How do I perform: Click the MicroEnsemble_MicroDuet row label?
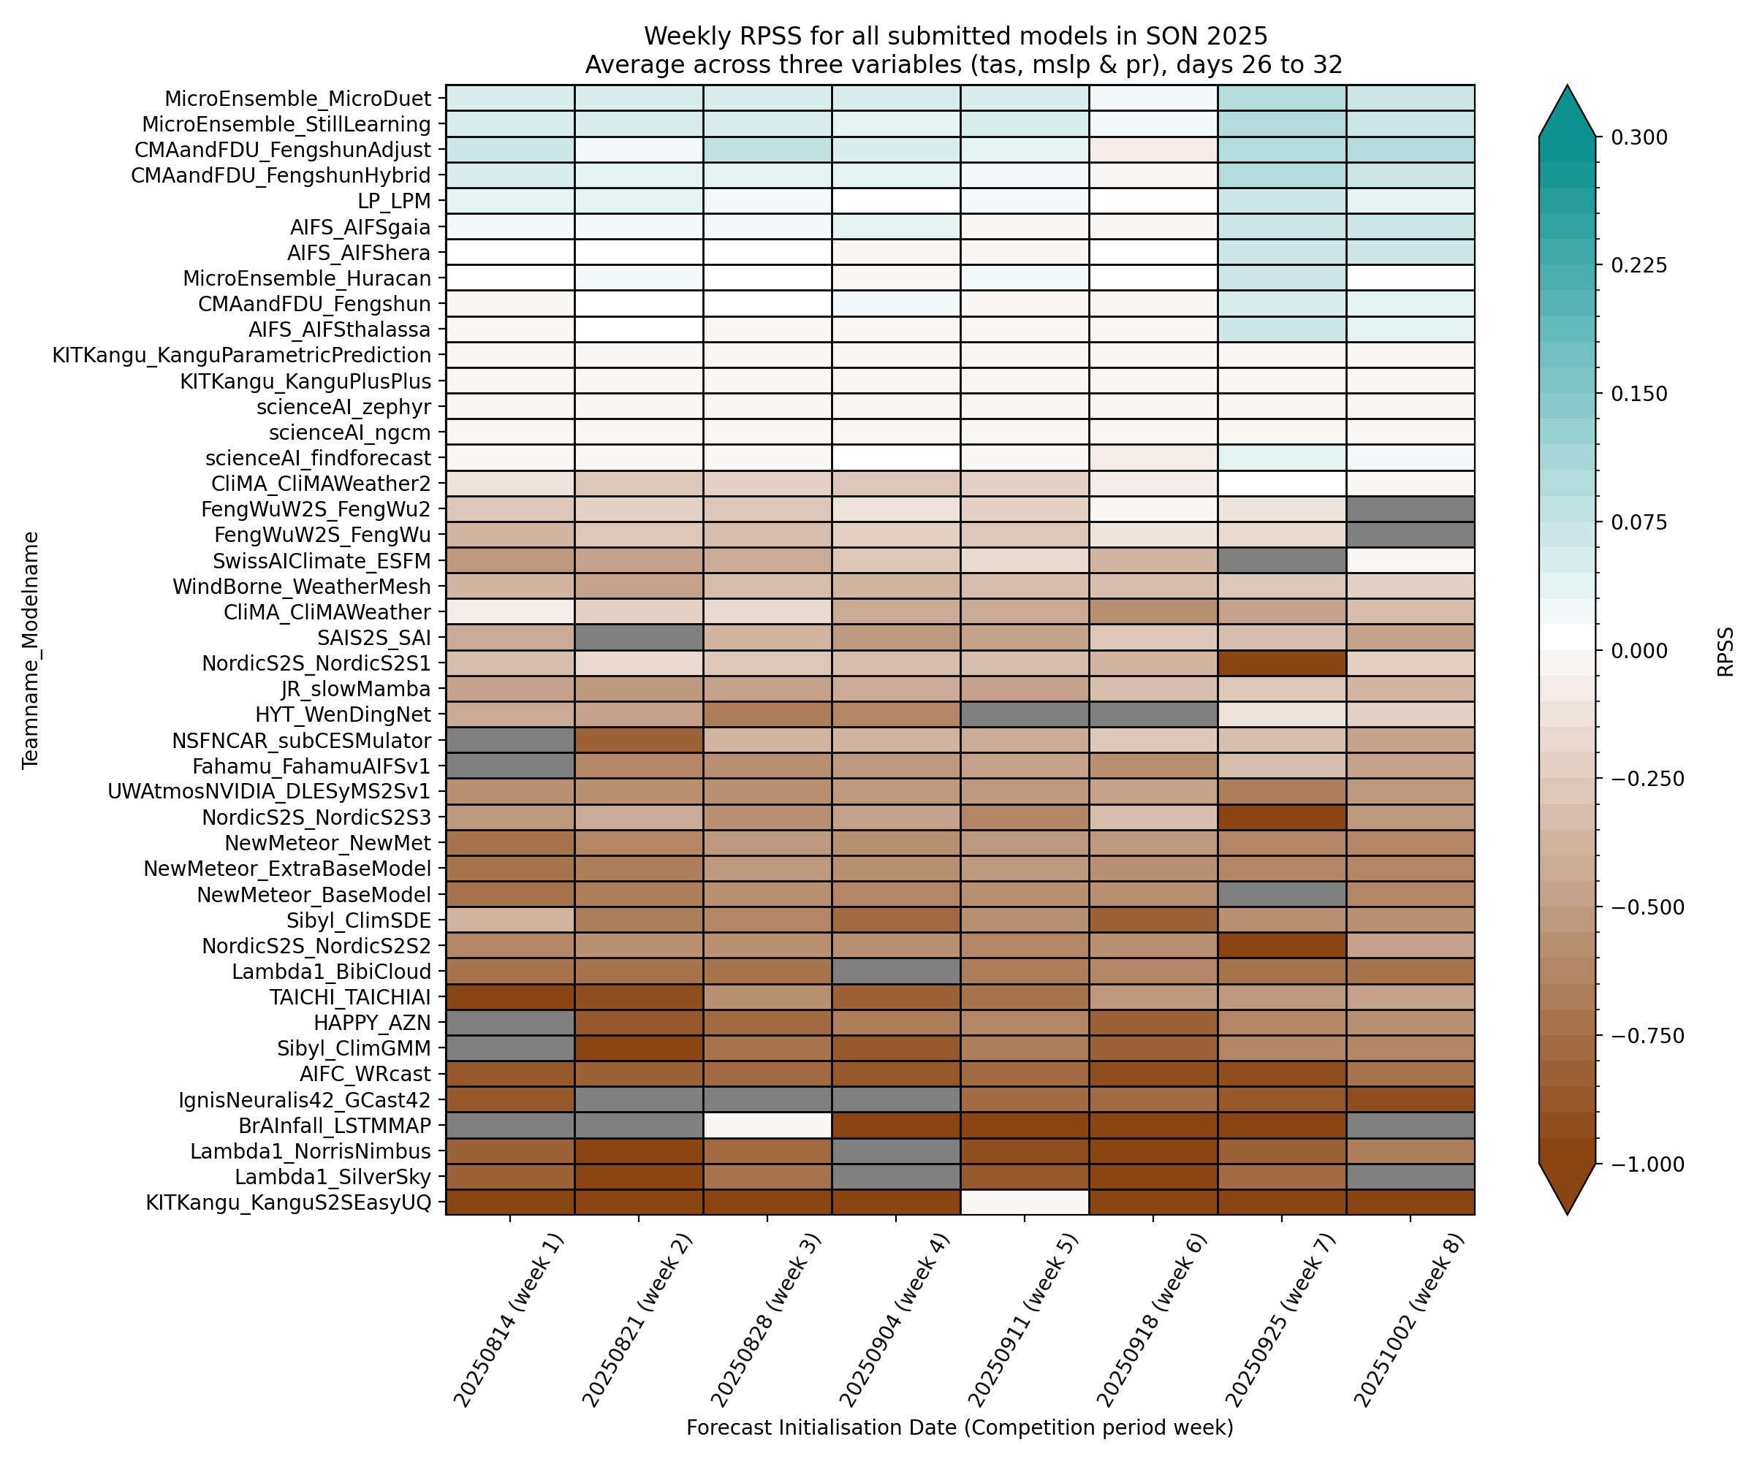coord(297,99)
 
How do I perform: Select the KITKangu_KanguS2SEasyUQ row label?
coord(288,1202)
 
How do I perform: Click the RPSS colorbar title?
coord(1725,651)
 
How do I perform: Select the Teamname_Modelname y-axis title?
coord(31,649)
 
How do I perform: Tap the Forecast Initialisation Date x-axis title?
coord(960,1427)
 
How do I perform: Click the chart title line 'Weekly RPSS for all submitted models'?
coord(955,37)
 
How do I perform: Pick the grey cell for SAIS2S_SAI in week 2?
coord(639,638)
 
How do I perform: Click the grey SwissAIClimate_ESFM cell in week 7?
coord(1281,560)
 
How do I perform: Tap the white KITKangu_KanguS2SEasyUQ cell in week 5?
coord(1024,1202)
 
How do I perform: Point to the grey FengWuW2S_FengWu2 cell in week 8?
coord(1410,509)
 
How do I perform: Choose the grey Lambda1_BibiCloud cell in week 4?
coord(895,971)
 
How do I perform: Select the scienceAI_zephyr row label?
coord(343,407)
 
